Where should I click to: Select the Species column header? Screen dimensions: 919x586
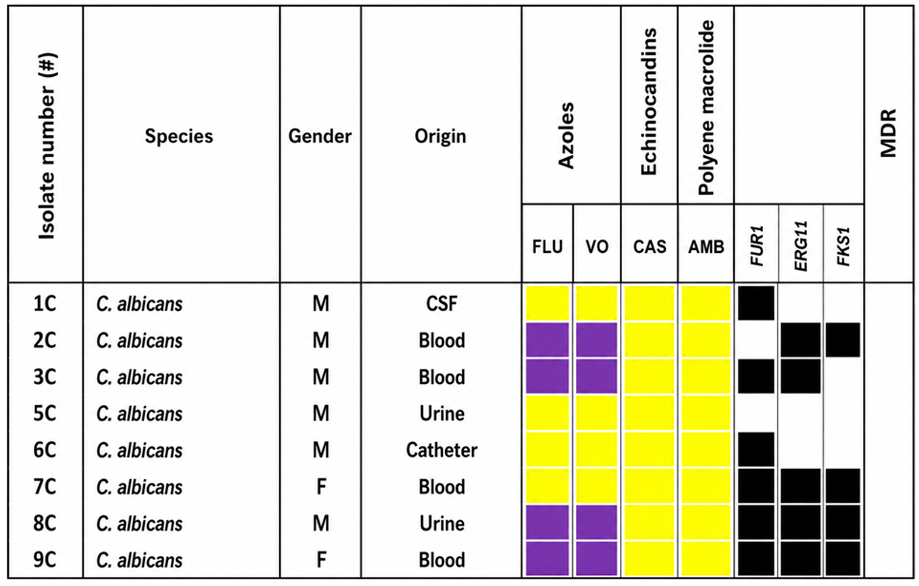(179, 136)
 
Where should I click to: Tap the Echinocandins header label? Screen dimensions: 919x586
(649, 101)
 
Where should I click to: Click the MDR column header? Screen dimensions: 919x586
(889, 133)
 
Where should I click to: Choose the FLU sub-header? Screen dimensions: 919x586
(547, 247)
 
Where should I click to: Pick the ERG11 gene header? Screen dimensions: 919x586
(801, 246)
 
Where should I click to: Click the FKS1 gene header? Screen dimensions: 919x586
(843, 247)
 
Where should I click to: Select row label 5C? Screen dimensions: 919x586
(45, 413)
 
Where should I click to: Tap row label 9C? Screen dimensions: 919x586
(45, 560)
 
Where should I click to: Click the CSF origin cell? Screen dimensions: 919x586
(442, 304)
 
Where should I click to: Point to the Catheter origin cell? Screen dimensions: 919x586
(442, 450)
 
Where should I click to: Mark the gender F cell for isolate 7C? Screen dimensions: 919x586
(321, 487)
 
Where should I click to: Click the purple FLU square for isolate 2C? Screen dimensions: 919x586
(548, 340)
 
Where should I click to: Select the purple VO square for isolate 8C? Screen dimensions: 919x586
(596, 523)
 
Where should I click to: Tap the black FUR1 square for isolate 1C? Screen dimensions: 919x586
(756, 303)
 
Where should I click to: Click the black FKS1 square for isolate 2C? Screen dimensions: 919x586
(843, 340)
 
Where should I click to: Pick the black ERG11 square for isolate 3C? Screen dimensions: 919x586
(801, 377)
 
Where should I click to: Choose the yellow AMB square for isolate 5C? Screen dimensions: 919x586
(706, 413)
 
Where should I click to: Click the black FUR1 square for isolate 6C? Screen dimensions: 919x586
(756, 449)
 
